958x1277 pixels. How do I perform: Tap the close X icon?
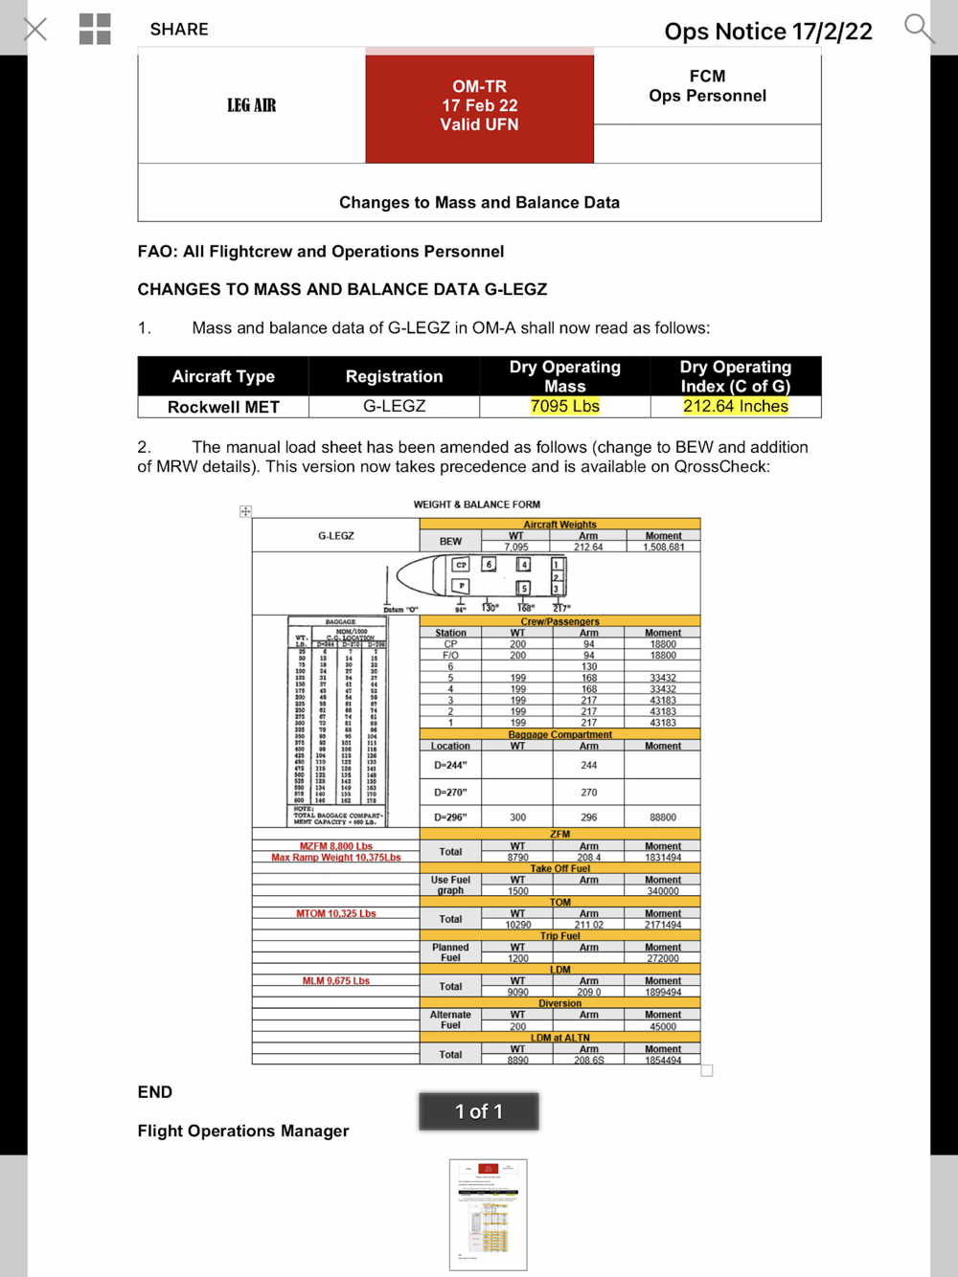click(35, 29)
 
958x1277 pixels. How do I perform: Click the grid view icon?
click(95, 29)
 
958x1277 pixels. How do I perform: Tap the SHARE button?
click(179, 29)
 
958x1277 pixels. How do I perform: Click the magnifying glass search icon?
click(918, 29)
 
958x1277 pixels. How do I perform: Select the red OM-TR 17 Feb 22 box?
click(479, 106)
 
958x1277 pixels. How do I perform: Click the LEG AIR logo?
click(251, 105)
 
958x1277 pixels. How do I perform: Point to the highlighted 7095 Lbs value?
click(565, 406)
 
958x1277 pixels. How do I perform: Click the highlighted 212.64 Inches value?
click(736, 406)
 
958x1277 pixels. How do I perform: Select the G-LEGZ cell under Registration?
click(394, 406)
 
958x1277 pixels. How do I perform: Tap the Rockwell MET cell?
click(223, 407)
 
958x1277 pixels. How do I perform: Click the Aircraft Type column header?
click(223, 376)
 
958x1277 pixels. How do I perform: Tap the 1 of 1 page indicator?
click(479, 1111)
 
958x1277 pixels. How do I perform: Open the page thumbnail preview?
click(488, 1214)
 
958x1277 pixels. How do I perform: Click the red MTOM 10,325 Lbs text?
click(336, 913)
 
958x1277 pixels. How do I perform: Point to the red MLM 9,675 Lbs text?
click(336, 980)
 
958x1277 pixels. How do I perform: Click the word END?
click(155, 1092)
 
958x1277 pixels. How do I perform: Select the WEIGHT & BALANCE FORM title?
click(477, 504)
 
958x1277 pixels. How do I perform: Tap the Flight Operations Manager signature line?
click(243, 1131)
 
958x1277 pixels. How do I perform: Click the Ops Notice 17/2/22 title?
click(768, 32)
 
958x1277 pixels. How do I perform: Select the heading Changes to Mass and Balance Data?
click(479, 202)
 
